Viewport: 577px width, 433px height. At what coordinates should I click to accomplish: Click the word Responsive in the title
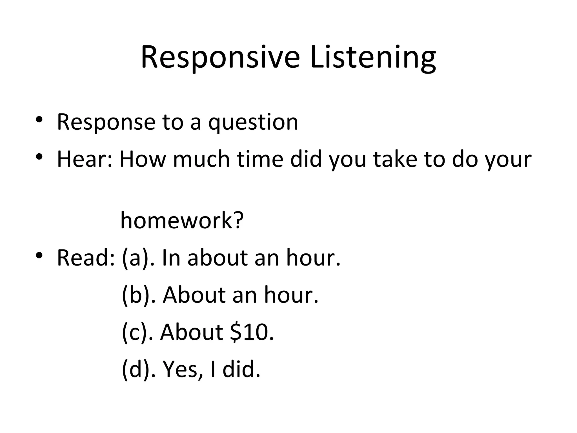220,58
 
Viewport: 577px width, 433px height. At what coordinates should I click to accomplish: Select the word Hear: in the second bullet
85,159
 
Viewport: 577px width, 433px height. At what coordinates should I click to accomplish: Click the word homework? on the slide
182,220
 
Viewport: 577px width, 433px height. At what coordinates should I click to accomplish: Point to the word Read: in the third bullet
86,258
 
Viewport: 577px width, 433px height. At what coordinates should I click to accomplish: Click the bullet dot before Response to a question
39,120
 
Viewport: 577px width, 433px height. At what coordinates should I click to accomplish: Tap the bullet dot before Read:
39,255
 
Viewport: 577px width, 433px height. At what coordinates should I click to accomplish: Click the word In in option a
171,258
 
